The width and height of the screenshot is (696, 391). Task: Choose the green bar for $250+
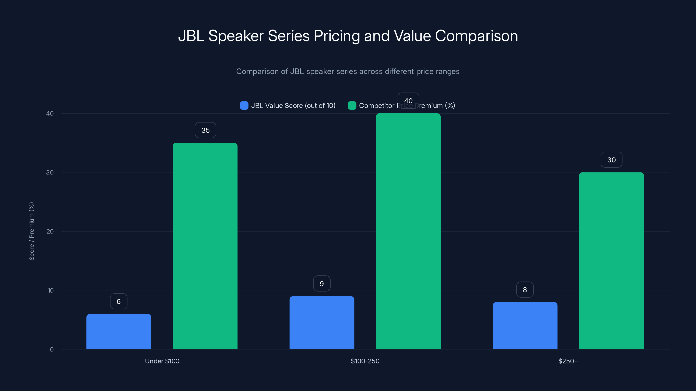(x=611, y=261)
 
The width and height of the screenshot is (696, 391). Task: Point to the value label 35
(x=205, y=130)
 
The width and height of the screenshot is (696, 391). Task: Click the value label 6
(x=119, y=302)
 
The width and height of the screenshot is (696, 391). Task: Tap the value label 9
(x=321, y=284)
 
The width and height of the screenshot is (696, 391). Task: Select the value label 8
(x=525, y=290)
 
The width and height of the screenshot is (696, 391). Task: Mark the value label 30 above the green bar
(x=611, y=160)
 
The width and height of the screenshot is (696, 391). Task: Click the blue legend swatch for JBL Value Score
(x=244, y=106)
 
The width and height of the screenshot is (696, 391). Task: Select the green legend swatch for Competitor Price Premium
(x=352, y=106)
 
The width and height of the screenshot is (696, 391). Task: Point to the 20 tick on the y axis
(x=50, y=232)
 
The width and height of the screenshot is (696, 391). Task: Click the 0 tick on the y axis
(x=52, y=350)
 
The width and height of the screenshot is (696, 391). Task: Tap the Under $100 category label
(x=162, y=361)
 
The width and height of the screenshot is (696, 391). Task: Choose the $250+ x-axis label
(x=568, y=361)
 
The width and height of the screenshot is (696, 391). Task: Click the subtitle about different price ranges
(x=348, y=71)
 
